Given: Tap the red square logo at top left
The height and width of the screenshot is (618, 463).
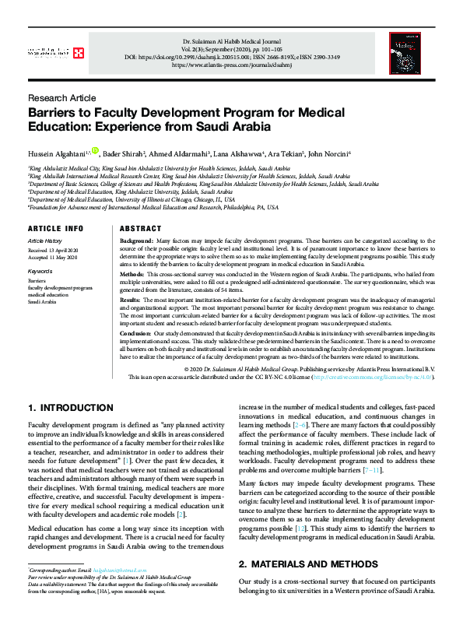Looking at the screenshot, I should [79, 52].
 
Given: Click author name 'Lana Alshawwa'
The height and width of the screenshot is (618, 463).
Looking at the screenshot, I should [237, 154].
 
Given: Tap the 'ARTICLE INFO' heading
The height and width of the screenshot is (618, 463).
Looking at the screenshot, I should [55, 229].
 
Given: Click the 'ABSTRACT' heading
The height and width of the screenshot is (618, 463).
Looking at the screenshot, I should [141, 229].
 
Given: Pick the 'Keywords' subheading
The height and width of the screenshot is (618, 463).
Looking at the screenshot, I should [40, 272].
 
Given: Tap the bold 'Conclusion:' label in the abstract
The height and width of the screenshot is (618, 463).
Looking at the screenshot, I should [135, 332].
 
